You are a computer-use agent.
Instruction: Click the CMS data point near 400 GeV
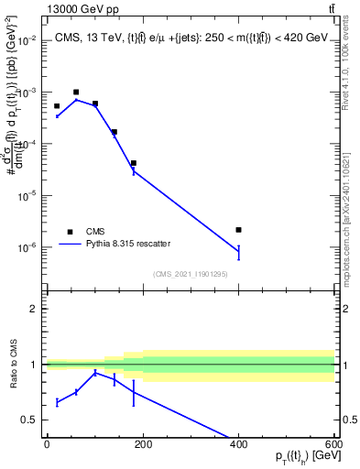click(x=238, y=230)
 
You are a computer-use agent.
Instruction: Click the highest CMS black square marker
click(x=76, y=93)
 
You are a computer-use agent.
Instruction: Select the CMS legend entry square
click(x=70, y=232)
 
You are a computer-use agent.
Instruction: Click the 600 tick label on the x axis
click(x=334, y=444)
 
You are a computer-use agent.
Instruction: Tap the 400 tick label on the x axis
click(x=238, y=444)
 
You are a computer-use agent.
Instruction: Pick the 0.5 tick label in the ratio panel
click(x=31, y=420)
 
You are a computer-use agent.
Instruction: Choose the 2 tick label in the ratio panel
click(x=35, y=309)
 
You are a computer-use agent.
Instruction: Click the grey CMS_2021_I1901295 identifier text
click(x=190, y=273)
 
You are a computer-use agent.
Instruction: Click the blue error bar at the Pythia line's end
click(x=238, y=251)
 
